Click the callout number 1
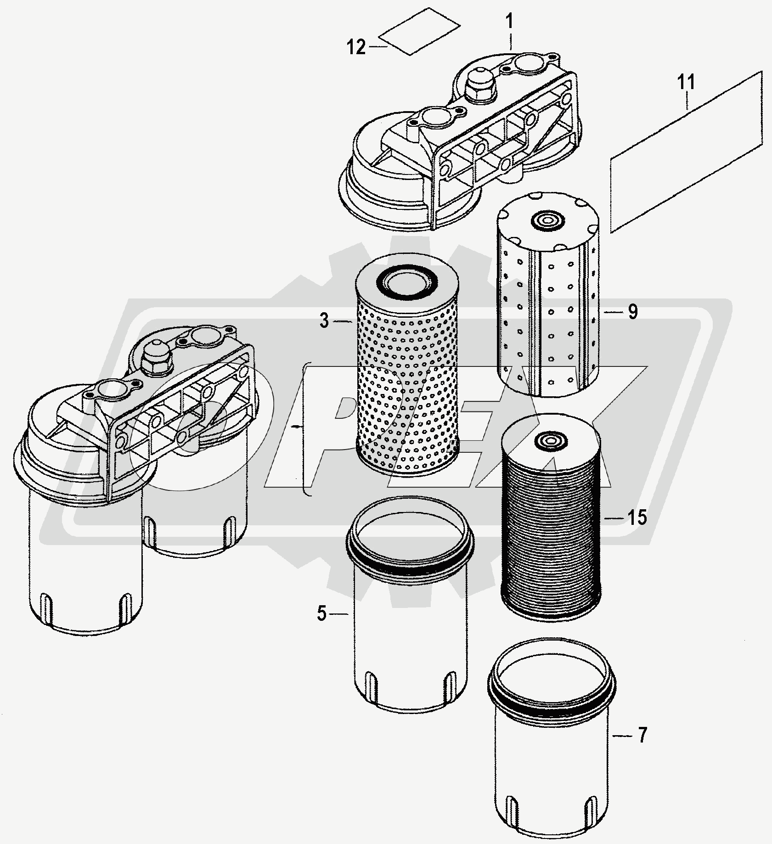[x=511, y=22]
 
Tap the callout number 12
[x=356, y=47]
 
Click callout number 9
[x=633, y=312]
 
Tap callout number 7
[x=642, y=735]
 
